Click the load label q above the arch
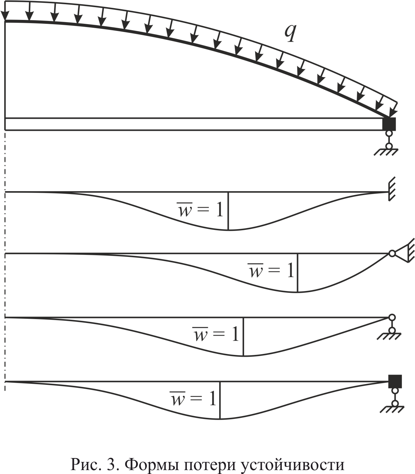click(x=290, y=34)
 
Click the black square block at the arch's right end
click(x=389, y=124)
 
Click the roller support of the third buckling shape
click(x=392, y=327)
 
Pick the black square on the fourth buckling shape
click(x=395, y=388)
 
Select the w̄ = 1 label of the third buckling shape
click(x=216, y=334)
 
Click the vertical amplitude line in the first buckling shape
click(x=228, y=211)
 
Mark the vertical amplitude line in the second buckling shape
click(x=298, y=273)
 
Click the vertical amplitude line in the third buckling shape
click(x=243, y=336)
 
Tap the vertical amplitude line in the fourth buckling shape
click(x=220, y=400)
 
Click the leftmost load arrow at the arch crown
click(x=5, y=12)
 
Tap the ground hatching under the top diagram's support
click(x=386, y=152)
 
